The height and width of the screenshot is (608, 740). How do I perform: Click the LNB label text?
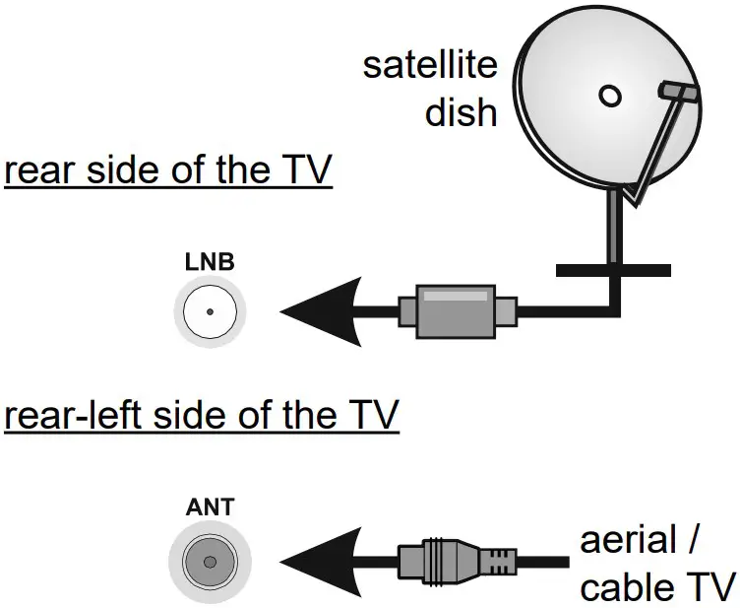209,264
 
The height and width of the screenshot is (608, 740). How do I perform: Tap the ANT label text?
209,508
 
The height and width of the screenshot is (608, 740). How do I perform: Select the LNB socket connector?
210,313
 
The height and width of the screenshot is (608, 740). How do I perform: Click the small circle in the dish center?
610,96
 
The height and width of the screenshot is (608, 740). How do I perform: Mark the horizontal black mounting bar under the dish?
612,269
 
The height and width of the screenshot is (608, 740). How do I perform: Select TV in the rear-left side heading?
366,416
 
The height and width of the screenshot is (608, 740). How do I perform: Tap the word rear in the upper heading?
40,171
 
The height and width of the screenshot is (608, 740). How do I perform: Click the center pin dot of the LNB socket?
210,313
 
